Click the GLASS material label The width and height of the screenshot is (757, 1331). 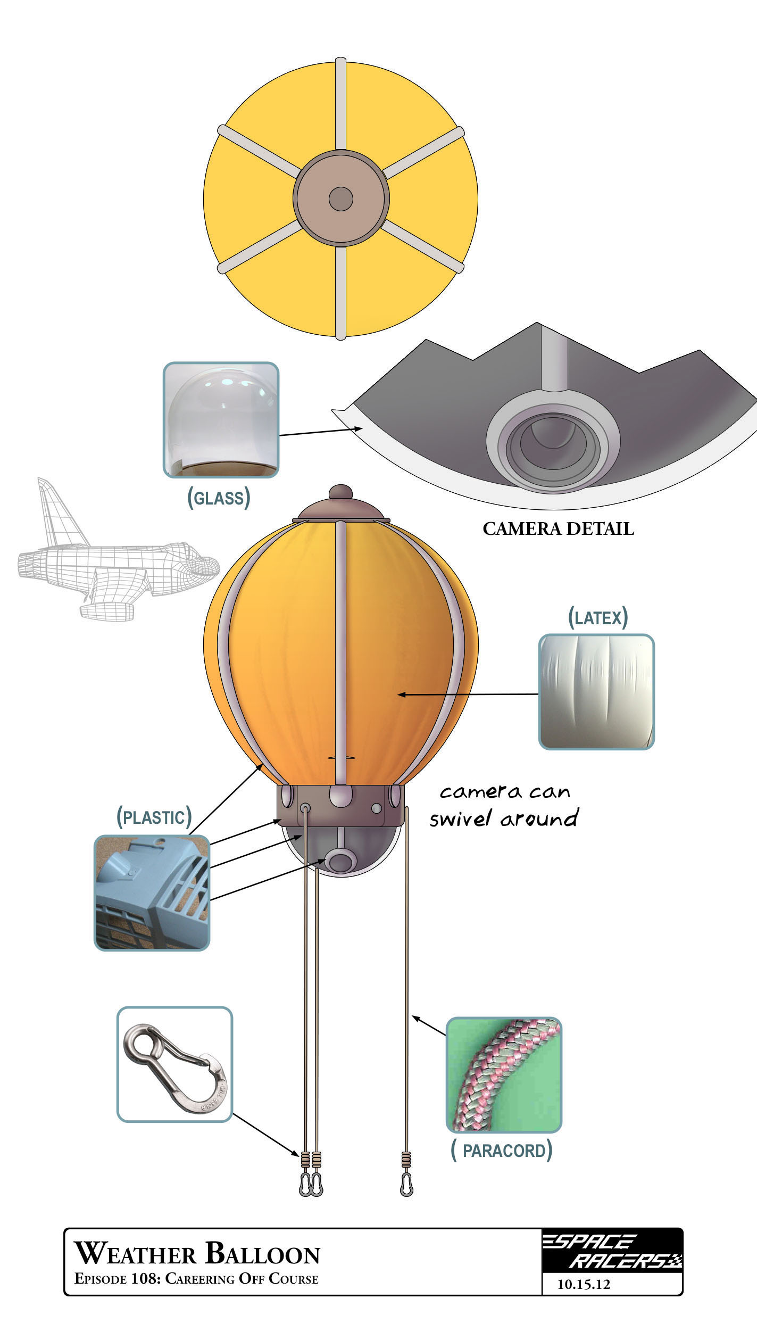point(219,498)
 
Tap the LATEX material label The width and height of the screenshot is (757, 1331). point(598,618)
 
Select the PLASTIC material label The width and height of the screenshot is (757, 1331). point(154,817)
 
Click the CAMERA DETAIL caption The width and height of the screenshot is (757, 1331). point(558,529)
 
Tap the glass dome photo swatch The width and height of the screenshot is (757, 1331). point(221,420)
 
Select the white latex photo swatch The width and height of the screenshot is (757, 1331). point(596,692)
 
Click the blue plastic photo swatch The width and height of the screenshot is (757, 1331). point(152,892)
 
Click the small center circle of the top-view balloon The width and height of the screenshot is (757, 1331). point(340,199)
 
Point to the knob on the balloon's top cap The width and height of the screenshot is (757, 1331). point(340,492)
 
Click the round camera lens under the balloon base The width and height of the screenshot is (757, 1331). point(340,861)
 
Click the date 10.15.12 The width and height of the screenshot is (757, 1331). point(584,1284)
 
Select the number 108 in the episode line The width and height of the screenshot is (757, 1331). point(144,1279)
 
